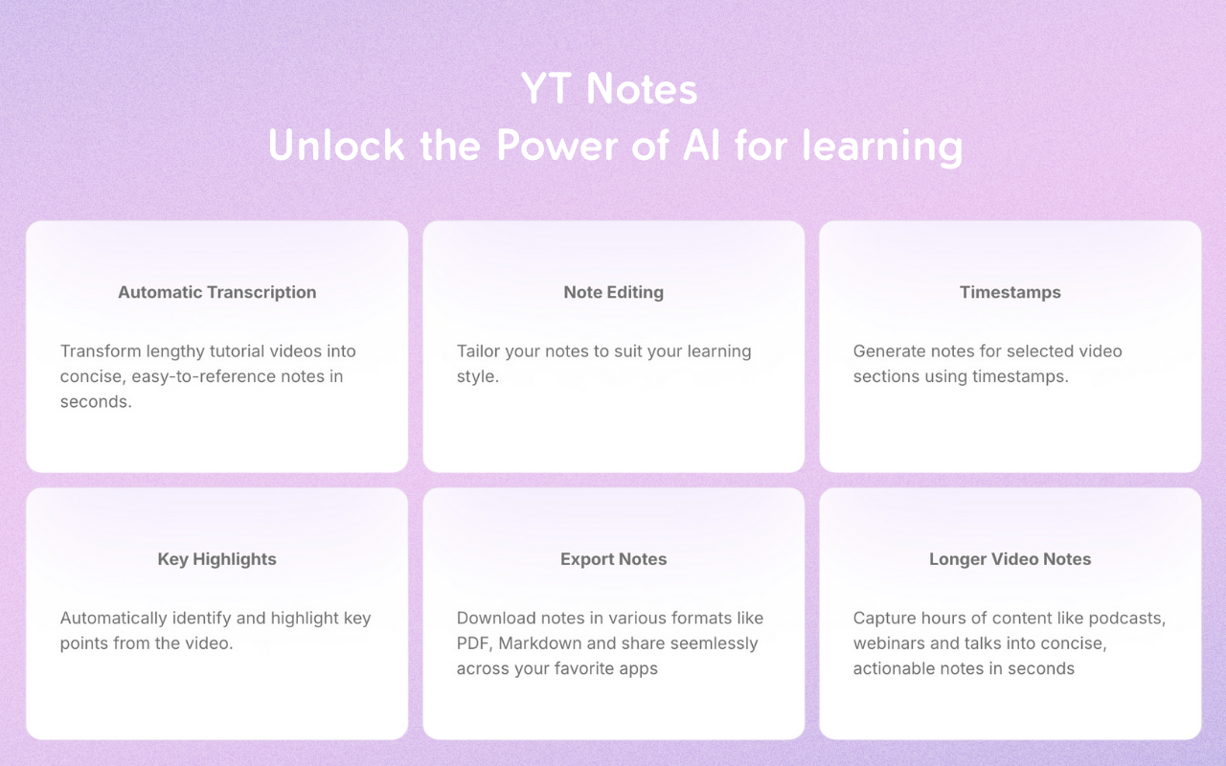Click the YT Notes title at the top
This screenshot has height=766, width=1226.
click(609, 89)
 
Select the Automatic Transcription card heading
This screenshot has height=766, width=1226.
click(216, 292)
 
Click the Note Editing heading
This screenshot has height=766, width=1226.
click(613, 292)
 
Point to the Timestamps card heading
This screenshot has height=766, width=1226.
click(1010, 292)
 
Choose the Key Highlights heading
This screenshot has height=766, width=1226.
click(216, 559)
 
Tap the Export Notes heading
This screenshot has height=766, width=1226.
click(613, 559)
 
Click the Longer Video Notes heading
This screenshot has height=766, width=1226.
click(1010, 559)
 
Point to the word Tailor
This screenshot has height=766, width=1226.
click(478, 351)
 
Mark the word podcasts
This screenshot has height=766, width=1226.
click(1128, 619)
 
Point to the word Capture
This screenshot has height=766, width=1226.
click(885, 619)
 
